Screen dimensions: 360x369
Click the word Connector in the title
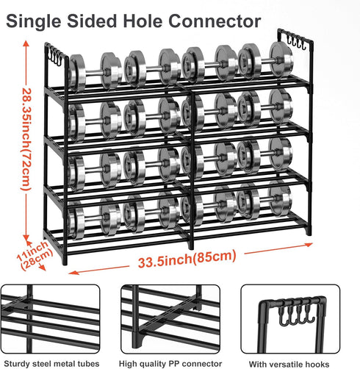(215, 21)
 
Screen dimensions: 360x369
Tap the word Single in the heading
(34, 21)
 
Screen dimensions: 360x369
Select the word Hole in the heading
(143, 21)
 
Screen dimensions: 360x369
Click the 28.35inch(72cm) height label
(26, 140)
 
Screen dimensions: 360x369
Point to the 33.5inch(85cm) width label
(187, 259)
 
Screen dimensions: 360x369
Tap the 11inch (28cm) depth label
(35, 255)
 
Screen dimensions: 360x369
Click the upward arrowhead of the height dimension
(26, 43)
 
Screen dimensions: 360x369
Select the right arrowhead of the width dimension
(309, 245)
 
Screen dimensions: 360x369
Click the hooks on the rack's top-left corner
(55, 56)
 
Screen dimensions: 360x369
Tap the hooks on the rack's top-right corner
(296, 41)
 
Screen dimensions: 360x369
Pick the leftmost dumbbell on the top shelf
(95, 72)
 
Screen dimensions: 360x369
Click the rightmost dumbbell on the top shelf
(265, 60)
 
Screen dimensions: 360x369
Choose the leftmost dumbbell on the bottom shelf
(94, 218)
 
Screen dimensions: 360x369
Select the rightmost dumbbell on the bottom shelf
(264, 201)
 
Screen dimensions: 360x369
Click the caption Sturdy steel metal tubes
(51, 363)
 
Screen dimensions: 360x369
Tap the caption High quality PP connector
(170, 363)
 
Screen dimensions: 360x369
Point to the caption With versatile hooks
(289, 364)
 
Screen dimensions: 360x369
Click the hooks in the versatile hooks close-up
(297, 315)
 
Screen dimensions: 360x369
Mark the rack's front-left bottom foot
(65, 260)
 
